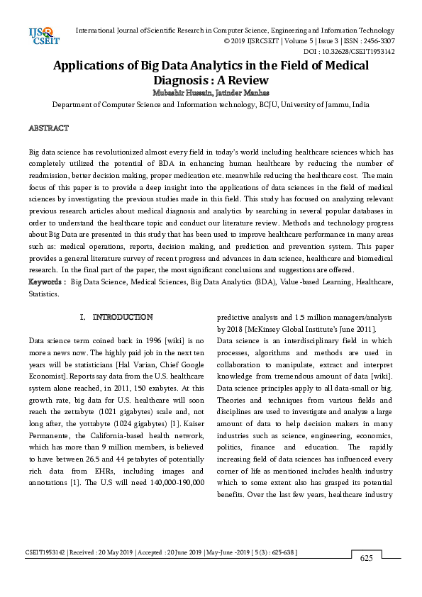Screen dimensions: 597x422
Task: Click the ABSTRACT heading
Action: pos(48,128)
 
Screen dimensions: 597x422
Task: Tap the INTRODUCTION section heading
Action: pos(122,317)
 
